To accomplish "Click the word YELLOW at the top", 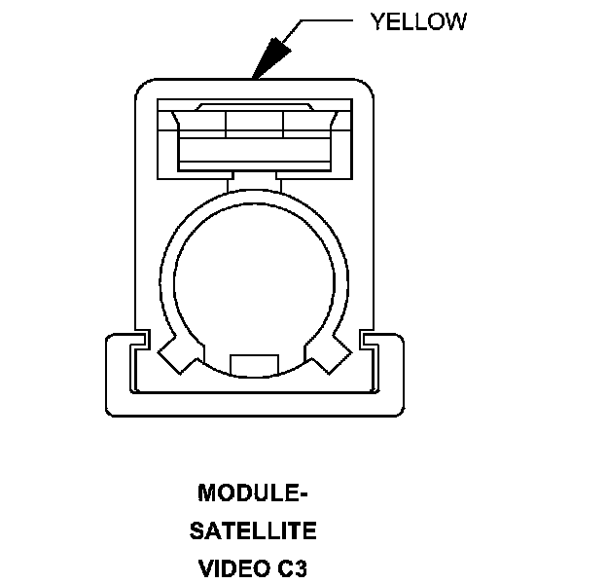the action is point(417,21).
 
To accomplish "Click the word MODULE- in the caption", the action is point(253,493).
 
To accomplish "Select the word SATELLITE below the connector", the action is point(253,531).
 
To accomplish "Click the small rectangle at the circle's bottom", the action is point(254,364).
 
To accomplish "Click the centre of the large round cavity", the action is point(254,282).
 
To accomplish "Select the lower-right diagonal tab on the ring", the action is point(328,354).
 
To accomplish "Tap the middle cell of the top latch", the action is point(254,123).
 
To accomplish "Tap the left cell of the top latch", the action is point(204,123).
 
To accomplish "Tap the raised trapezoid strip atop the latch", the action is point(254,106).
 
